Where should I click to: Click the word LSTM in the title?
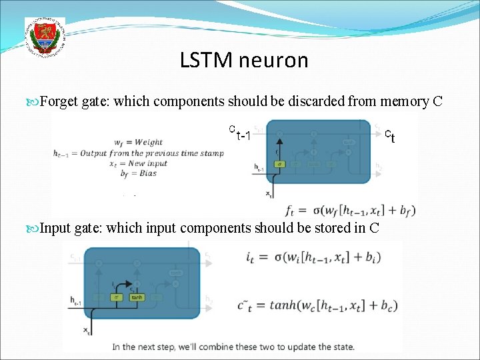(203, 61)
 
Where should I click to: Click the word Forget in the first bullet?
(59, 101)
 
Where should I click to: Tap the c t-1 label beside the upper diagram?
(239, 133)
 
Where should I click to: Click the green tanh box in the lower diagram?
(137, 297)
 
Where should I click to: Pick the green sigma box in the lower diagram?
(116, 297)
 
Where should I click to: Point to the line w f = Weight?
(138, 142)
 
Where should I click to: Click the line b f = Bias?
(135, 173)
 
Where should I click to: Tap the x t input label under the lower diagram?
(87, 331)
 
